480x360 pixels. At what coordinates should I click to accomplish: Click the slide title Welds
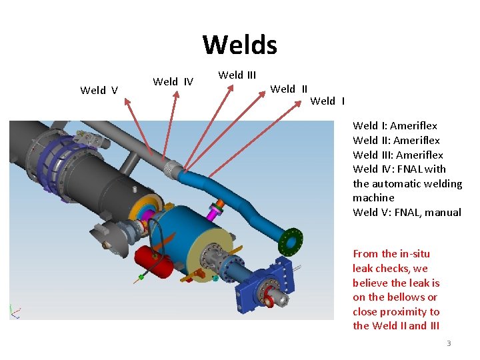239,45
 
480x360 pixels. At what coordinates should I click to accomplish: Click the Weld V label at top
99,91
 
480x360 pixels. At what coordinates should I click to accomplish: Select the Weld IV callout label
173,82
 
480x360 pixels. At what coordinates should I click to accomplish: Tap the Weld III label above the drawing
237,75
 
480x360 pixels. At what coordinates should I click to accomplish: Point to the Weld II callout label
289,89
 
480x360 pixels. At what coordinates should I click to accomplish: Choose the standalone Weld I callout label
327,101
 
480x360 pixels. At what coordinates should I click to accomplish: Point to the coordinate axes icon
15,311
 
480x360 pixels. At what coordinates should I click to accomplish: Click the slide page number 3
449,343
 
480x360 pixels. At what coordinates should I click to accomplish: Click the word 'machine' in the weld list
373,198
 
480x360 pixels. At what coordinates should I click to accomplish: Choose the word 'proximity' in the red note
397,312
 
